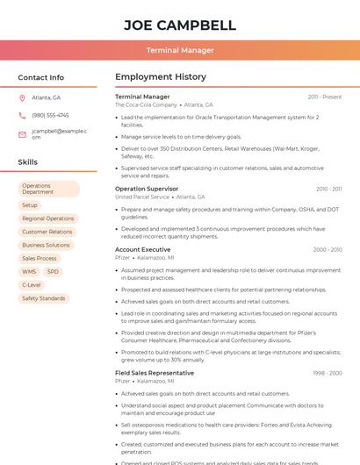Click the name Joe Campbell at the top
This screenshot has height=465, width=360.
pyautogui.click(x=179, y=25)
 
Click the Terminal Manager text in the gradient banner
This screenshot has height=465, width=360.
pyautogui.click(x=179, y=50)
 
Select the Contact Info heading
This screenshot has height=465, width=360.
pyautogui.click(x=40, y=77)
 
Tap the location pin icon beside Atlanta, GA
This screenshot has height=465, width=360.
pyautogui.click(x=23, y=97)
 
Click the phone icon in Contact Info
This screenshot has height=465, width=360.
pyautogui.click(x=23, y=115)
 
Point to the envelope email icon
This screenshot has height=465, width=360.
pyautogui.click(x=23, y=134)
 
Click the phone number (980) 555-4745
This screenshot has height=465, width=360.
pyautogui.click(x=50, y=115)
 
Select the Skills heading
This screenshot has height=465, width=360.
pyautogui.click(x=27, y=162)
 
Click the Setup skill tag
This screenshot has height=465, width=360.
pyautogui.click(x=30, y=205)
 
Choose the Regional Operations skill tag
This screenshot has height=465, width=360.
pyautogui.click(x=47, y=218)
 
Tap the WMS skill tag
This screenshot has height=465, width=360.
pyautogui.click(x=29, y=272)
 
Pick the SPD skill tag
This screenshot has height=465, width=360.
pyautogui.click(x=53, y=272)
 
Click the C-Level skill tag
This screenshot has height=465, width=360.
pyautogui.click(x=31, y=285)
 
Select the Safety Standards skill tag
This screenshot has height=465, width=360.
pyautogui.click(x=43, y=298)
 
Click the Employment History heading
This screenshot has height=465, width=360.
pyautogui.click(x=160, y=77)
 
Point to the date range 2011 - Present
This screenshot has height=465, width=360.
pyautogui.click(x=324, y=97)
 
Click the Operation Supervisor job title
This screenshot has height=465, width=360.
pyautogui.click(x=146, y=189)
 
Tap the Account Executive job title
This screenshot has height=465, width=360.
pyautogui.click(x=142, y=250)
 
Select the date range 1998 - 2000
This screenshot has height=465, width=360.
pyautogui.click(x=327, y=373)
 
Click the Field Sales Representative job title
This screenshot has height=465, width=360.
pyautogui.click(x=155, y=373)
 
